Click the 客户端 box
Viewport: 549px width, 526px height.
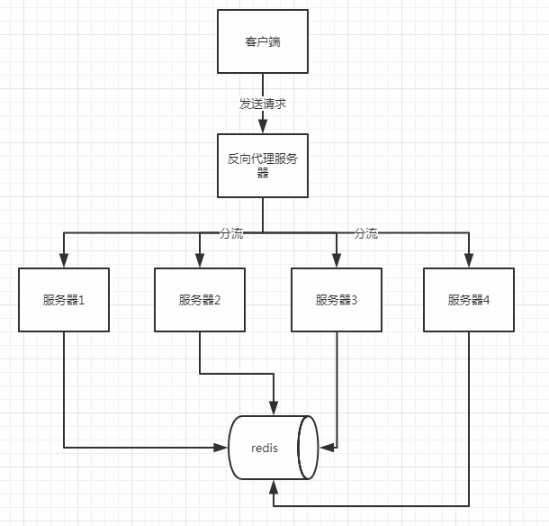tap(263, 41)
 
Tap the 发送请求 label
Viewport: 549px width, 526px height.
tap(263, 104)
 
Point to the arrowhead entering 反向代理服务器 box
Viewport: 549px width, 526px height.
tap(263, 127)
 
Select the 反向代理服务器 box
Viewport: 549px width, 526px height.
tap(263, 166)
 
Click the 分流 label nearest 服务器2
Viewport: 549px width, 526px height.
tap(231, 233)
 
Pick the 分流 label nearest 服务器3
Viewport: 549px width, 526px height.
tap(365, 233)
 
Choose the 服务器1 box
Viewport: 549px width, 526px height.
tap(64, 300)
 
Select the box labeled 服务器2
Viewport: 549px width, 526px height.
tap(200, 300)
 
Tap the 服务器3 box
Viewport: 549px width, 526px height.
tap(337, 300)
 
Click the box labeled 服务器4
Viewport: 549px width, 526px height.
tap(469, 300)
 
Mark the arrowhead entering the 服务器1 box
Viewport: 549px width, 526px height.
tap(64, 261)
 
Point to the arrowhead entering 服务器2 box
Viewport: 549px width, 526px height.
tap(200, 261)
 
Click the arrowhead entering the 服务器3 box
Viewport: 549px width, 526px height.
tap(337, 261)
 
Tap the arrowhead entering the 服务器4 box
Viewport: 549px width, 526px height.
tap(469, 261)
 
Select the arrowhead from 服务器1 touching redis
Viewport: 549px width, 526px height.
tap(222, 447)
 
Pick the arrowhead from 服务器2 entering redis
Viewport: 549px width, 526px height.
tap(274, 409)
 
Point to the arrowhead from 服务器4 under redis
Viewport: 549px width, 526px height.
tap(273, 486)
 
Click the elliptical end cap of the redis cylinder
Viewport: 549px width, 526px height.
tap(309, 448)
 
